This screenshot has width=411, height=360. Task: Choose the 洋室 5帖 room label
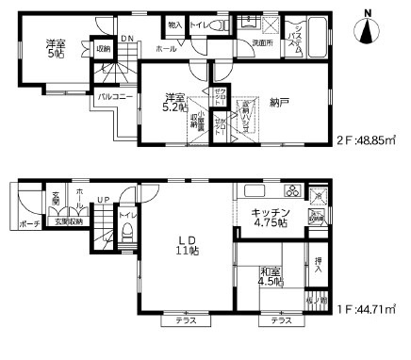[x=56, y=48]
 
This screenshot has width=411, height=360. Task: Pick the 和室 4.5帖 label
[x=272, y=278]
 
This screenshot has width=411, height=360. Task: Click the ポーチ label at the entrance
[x=28, y=223]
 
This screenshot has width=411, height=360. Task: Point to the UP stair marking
[x=102, y=200]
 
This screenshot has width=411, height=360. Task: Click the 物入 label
[x=175, y=26]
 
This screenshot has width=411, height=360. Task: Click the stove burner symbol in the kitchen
[x=292, y=192]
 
